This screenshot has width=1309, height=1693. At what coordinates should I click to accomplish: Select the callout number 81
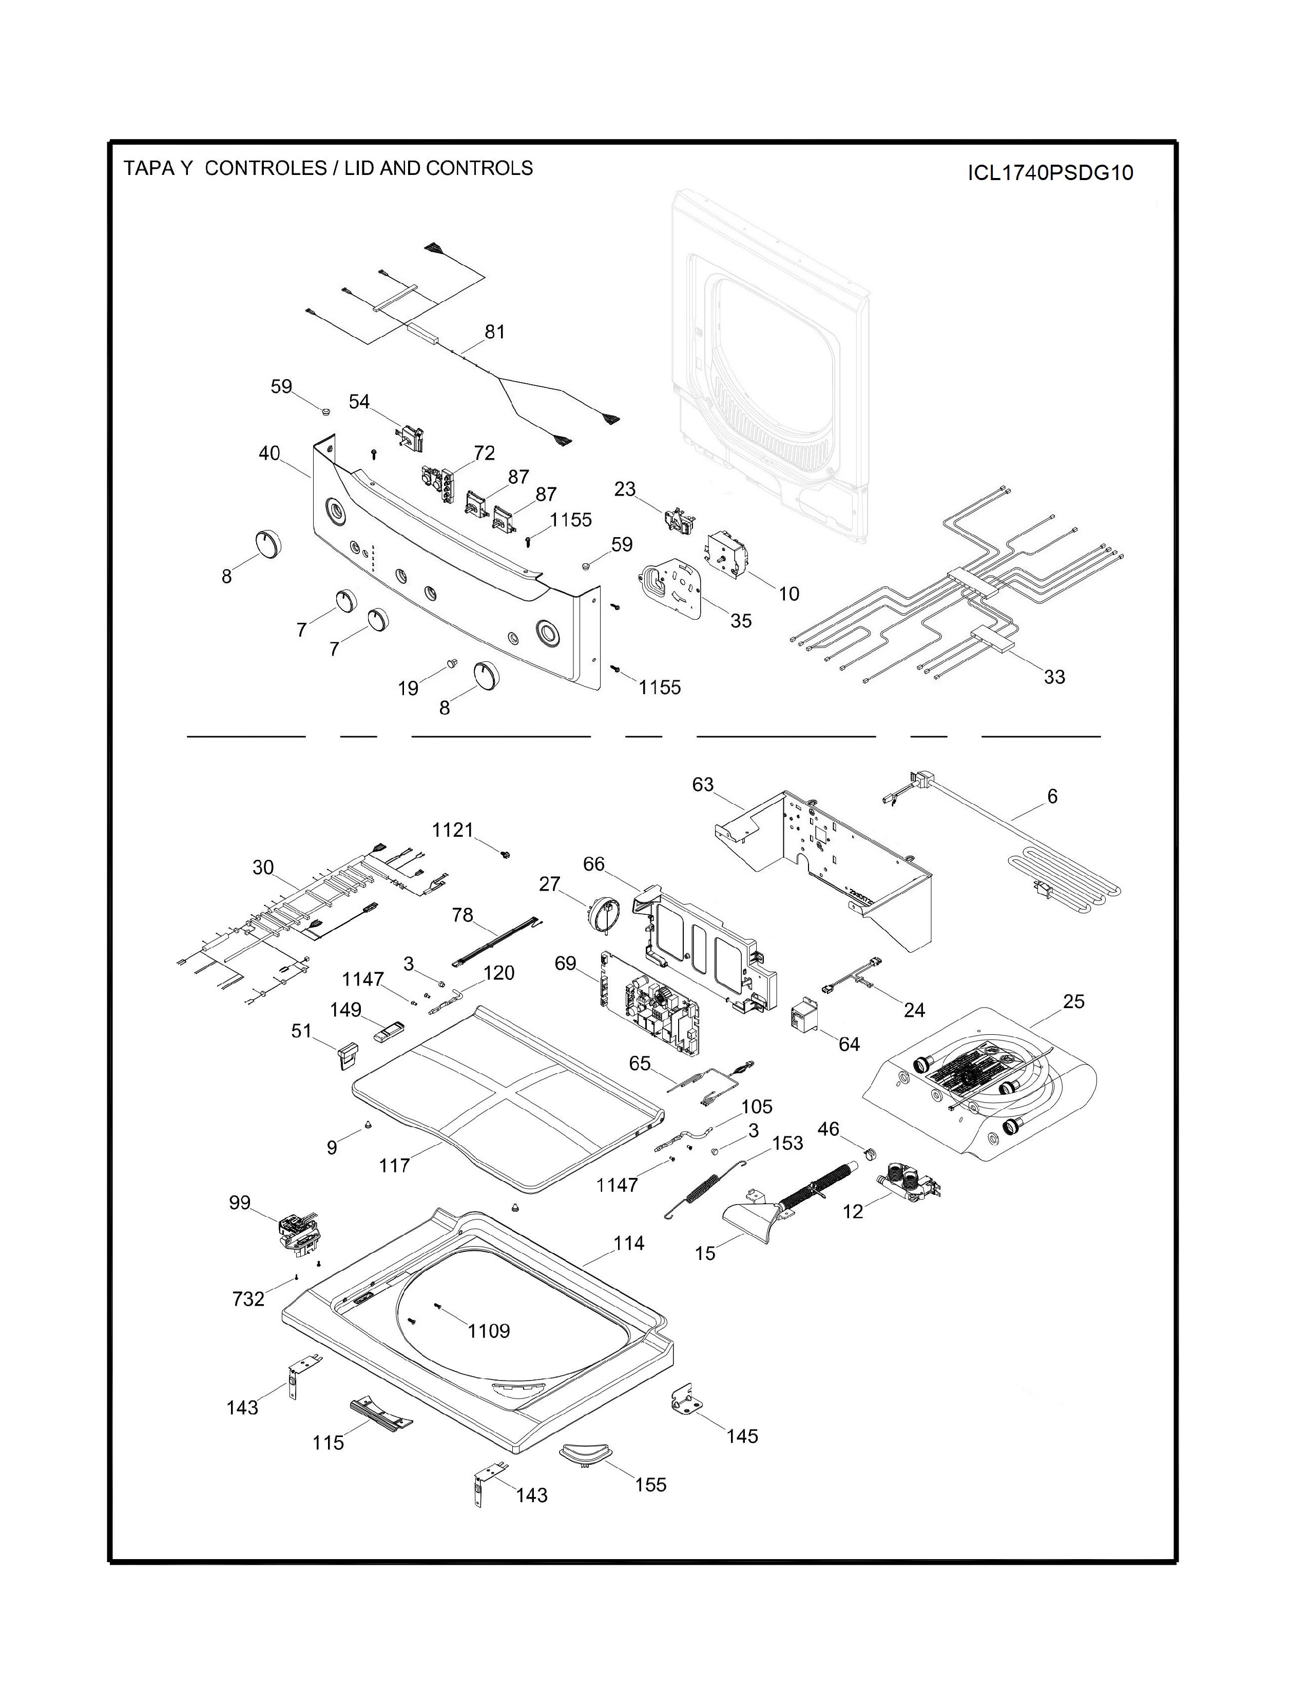click(x=495, y=332)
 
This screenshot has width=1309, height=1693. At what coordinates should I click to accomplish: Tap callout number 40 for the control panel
click(x=269, y=454)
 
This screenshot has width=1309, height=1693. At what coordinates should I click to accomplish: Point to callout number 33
click(x=1054, y=677)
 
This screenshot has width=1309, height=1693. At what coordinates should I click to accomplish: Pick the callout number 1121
click(x=452, y=830)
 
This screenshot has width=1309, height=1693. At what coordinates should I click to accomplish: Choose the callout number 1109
click(x=489, y=1331)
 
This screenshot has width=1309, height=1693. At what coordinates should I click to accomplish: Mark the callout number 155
click(x=650, y=1485)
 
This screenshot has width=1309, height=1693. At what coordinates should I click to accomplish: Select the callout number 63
click(x=703, y=784)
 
